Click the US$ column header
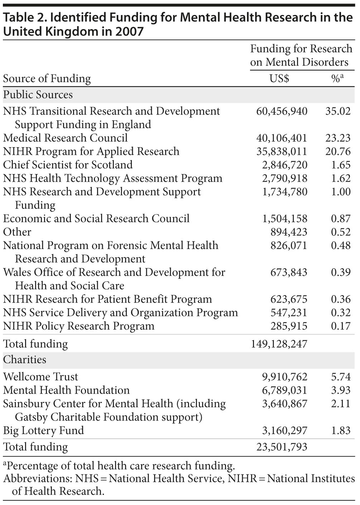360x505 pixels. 279,78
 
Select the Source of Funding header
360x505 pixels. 47,78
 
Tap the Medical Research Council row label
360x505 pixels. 65,138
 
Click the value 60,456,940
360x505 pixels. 282,111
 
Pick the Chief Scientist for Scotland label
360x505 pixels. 68,165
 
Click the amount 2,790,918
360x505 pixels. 285,178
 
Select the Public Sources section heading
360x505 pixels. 38,95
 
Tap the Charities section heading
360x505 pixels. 25,359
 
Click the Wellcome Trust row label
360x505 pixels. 40,377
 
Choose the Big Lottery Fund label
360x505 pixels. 43,431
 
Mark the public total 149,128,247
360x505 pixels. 279,344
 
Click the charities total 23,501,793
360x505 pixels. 282,447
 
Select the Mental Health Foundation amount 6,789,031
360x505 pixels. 285,390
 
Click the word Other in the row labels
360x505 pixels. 17,232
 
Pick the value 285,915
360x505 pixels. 288,326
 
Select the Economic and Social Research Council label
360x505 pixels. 96,218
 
